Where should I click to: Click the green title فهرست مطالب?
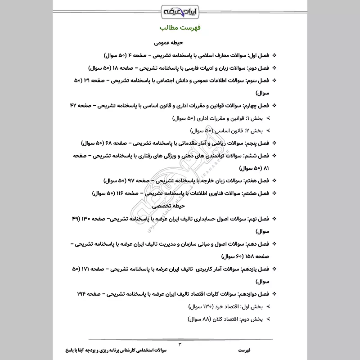[x=180, y=28]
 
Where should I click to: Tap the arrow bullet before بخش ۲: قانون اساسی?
[x=269, y=131]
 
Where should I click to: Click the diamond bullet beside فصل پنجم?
[x=275, y=143]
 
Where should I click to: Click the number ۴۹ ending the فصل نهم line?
[x=76, y=218]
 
